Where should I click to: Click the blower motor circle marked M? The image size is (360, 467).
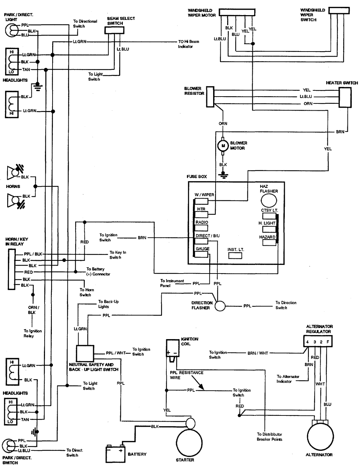pyautogui.click(x=223, y=146)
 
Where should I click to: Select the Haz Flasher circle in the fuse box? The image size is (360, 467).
pyautogui.click(x=269, y=200)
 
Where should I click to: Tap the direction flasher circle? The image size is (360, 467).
pyautogui.click(x=220, y=306)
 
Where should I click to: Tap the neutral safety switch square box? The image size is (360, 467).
pyautogui.click(x=85, y=353)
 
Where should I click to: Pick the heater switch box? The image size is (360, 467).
pyautogui.click(x=345, y=97)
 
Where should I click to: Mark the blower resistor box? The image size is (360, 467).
pyautogui.click(x=210, y=96)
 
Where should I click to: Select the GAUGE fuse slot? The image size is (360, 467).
pyautogui.click(x=202, y=254)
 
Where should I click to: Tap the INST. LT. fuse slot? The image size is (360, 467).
pyautogui.click(x=236, y=255)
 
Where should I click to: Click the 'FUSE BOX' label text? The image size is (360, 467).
pyautogui.click(x=197, y=177)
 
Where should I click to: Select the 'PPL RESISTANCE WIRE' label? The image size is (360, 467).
pyautogui.click(x=186, y=375)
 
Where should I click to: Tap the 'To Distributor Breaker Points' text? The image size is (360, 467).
pyautogui.click(x=269, y=437)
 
